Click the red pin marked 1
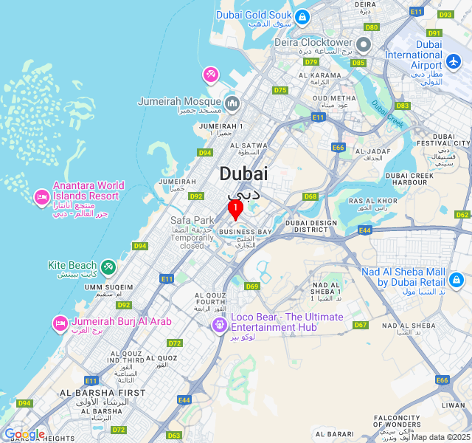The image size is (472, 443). pyautogui.click(x=235, y=210)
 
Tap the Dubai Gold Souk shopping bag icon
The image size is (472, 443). pyautogui.click(x=302, y=16)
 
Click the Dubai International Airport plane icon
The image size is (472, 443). pyautogui.click(x=454, y=60)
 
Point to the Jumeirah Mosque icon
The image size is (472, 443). pyautogui.click(x=232, y=103)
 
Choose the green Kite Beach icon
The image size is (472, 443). pyautogui.click(x=108, y=266)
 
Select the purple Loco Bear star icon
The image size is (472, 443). pyautogui.click(x=219, y=324)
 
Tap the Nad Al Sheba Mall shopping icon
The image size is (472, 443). pyautogui.click(x=456, y=280)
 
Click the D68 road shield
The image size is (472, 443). pyautogui.click(x=310, y=196)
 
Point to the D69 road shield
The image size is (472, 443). pyautogui.click(x=252, y=286)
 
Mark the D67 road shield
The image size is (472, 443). pyautogui.click(x=361, y=325)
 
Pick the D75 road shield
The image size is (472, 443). pyautogui.click(x=280, y=90)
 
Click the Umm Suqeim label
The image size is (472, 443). pyautogui.click(x=109, y=287)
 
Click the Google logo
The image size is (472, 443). pyautogui.click(x=24, y=434)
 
